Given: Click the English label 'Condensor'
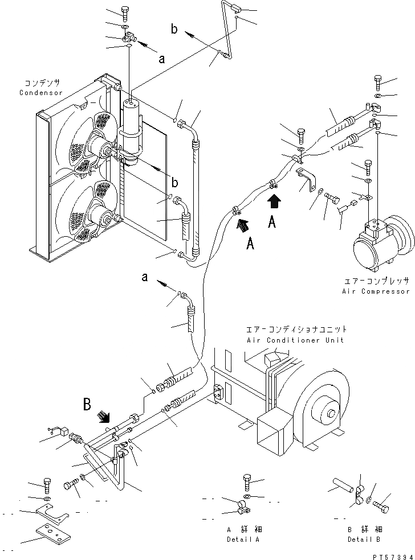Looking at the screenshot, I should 41,93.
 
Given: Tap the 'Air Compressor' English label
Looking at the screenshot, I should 376,291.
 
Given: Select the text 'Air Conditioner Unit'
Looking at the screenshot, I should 295,340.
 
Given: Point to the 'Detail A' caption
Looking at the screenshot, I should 243,539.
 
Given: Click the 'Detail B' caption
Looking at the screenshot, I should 364,539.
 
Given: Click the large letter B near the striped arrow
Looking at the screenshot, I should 87,405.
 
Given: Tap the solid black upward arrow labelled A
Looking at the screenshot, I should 274,200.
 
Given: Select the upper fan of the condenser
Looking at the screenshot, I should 91,145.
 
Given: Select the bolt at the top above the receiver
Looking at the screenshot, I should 125,12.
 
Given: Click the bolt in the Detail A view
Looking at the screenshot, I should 247,482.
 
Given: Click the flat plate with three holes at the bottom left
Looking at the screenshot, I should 52,536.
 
